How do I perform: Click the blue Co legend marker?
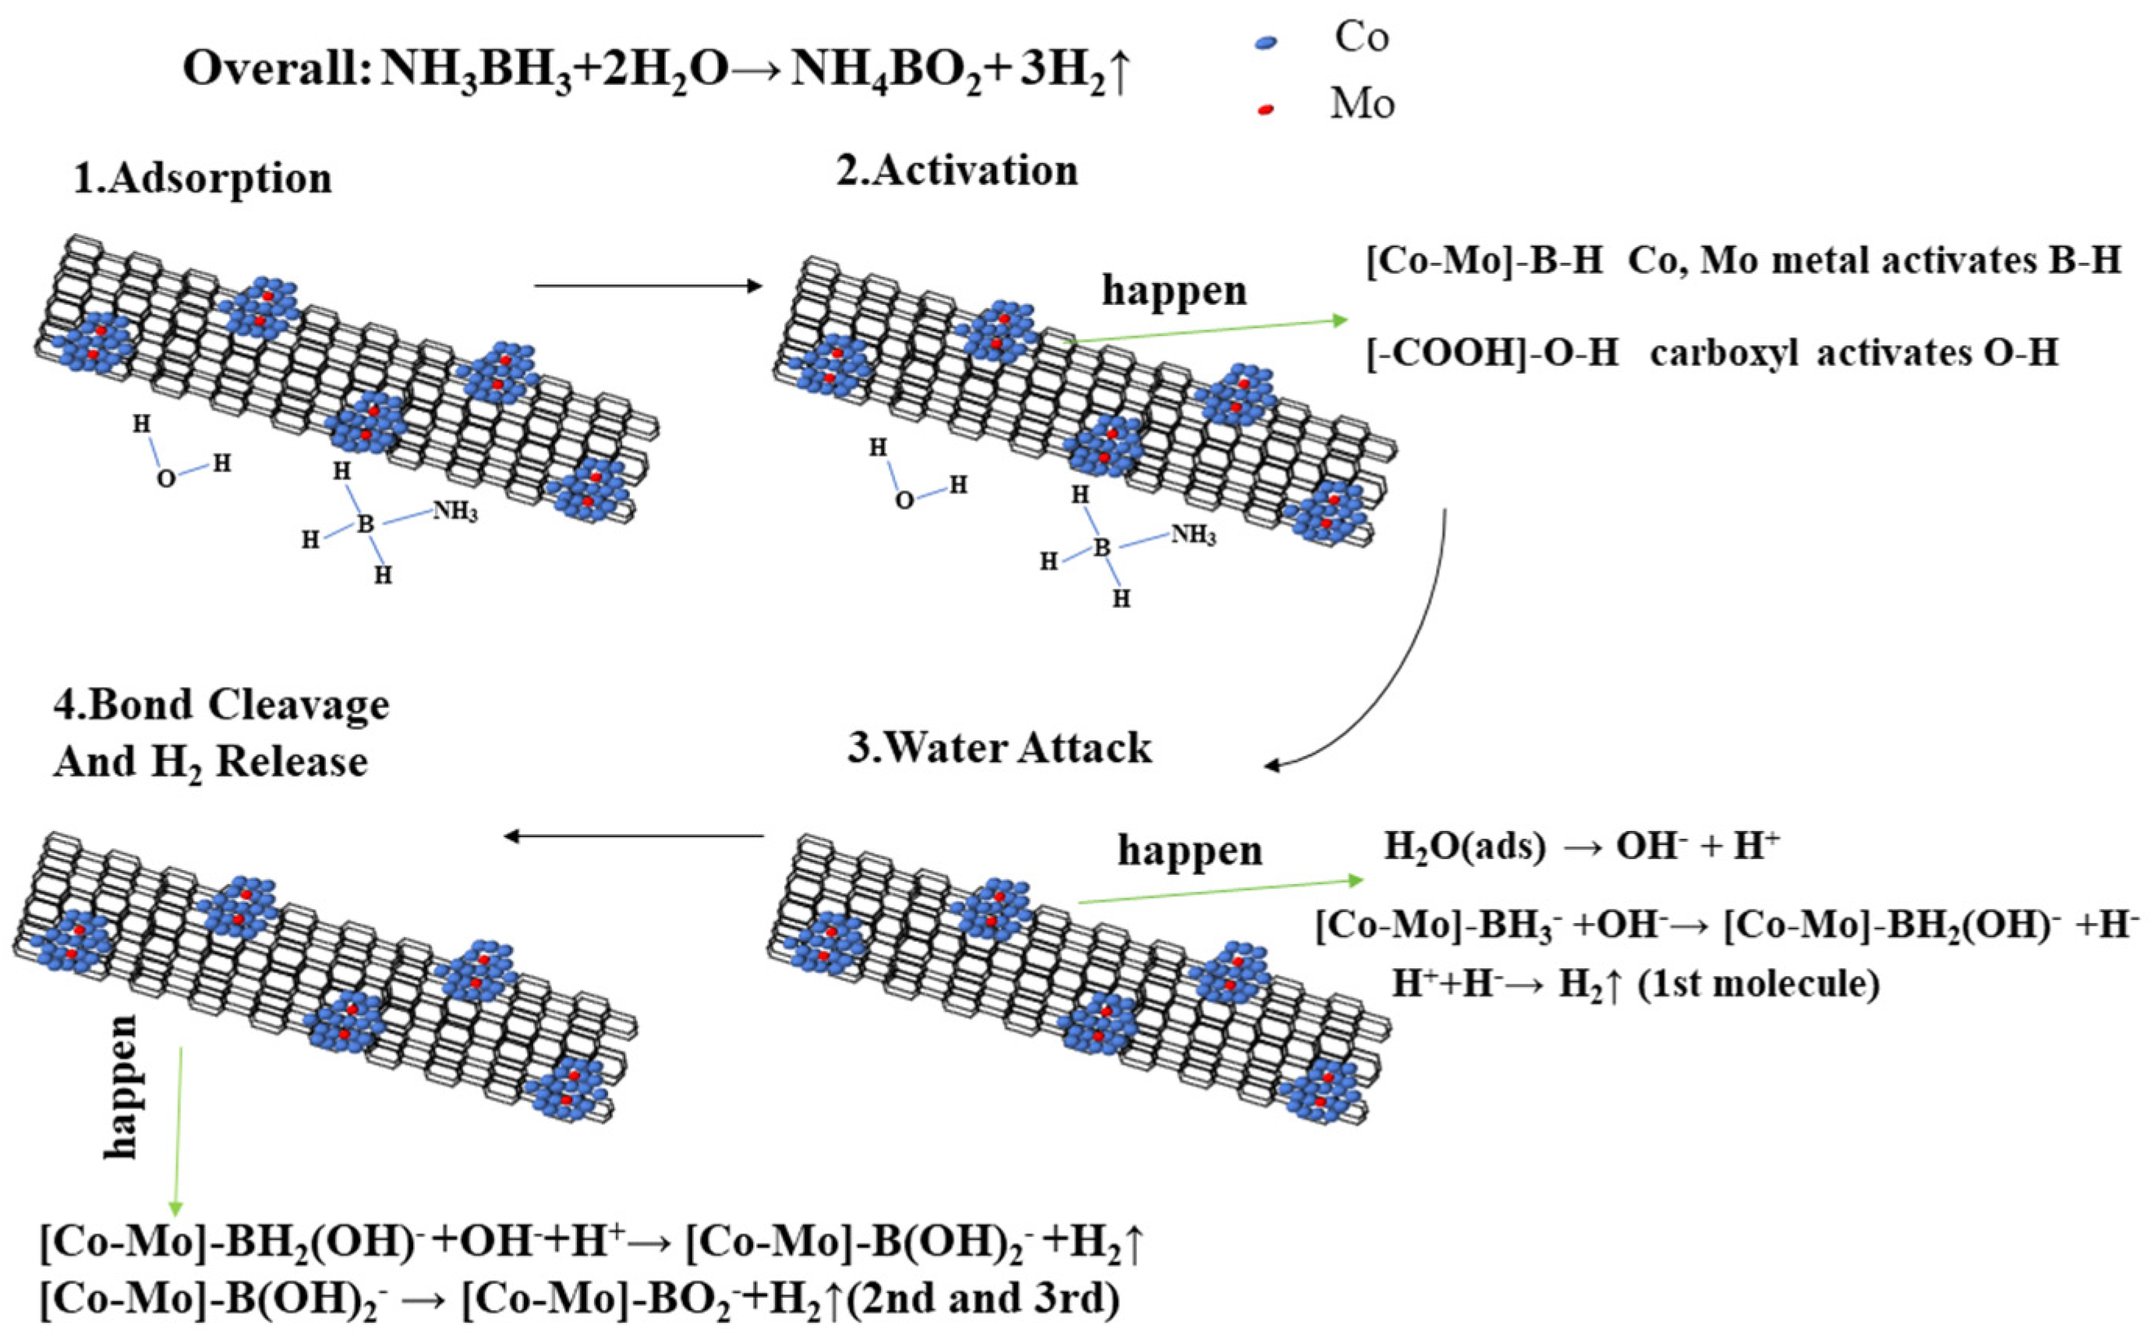pyautogui.click(x=1266, y=41)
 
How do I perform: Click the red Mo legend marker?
pyautogui.click(x=1266, y=109)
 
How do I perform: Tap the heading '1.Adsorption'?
pyautogui.click(x=202, y=179)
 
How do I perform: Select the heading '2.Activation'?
pyautogui.click(x=957, y=170)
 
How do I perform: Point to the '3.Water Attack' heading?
pyautogui.click(x=999, y=748)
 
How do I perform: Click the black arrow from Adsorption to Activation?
pyautogui.click(x=647, y=285)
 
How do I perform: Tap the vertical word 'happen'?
pyautogui.click(x=121, y=1085)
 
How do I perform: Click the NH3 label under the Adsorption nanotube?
pyautogui.click(x=455, y=511)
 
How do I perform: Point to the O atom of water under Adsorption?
pyautogui.click(x=166, y=479)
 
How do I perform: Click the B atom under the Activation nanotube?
pyautogui.click(x=1102, y=547)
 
